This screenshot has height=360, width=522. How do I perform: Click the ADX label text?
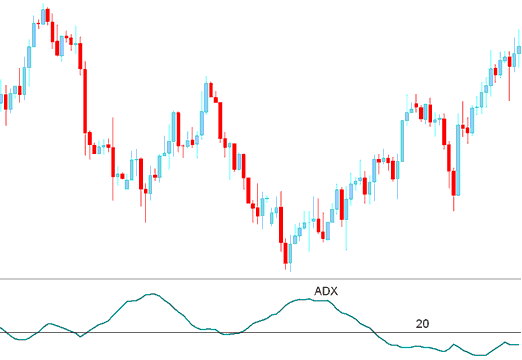pos(327,291)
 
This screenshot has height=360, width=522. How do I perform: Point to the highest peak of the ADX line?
pos(152,294)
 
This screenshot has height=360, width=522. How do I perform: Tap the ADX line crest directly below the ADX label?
pos(318,299)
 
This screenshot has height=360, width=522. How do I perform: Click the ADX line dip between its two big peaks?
pos(230,333)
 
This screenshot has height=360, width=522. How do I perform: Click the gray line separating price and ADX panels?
pos(260,278)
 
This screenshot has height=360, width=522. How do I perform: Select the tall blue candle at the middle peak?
pos(207,101)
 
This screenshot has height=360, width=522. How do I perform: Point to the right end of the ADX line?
pos(520,344)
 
